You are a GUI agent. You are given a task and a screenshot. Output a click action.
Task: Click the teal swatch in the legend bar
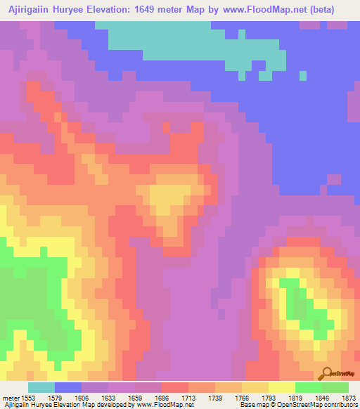click(x=41, y=388)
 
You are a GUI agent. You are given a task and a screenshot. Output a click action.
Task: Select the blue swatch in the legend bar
click(x=67, y=388)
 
